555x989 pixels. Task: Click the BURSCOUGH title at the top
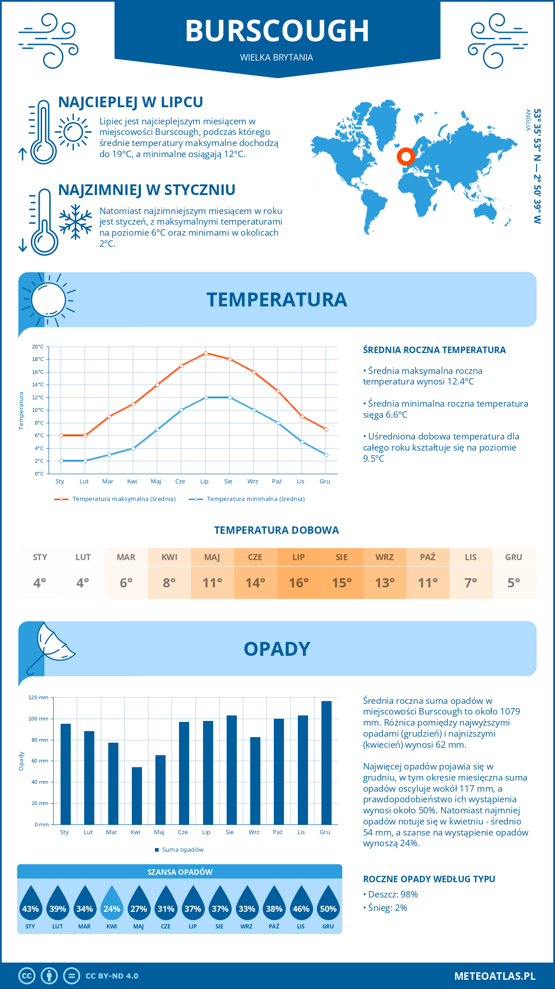click(277, 31)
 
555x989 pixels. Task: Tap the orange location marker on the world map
click(406, 157)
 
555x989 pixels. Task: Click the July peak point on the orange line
click(206, 353)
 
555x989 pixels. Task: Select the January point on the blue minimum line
click(61, 461)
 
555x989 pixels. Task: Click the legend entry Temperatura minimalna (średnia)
click(255, 499)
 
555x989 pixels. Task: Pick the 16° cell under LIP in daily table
click(298, 583)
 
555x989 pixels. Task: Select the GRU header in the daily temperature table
click(513, 557)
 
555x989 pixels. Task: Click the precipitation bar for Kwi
click(136, 796)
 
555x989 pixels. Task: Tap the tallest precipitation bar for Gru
click(326, 763)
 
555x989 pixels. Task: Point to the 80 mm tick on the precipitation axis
click(42, 740)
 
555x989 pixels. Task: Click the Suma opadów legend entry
click(182, 850)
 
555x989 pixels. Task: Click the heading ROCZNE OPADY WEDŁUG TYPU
click(429, 879)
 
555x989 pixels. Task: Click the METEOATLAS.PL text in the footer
click(494, 976)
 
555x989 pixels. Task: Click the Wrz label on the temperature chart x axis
click(253, 482)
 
